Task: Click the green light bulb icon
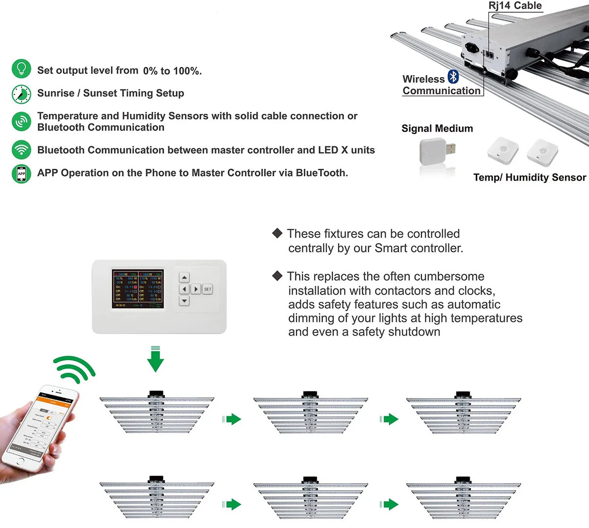click(21, 69)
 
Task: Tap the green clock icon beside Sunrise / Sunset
click(21, 94)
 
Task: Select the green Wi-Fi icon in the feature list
click(21, 149)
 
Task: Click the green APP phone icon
click(21, 174)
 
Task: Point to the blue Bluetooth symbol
click(453, 77)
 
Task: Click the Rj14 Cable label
click(515, 6)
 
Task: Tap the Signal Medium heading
click(437, 129)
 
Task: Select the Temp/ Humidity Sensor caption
click(529, 178)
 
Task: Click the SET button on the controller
click(208, 289)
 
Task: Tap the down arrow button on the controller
click(184, 300)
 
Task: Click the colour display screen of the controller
click(138, 289)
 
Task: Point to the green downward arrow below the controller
click(155, 360)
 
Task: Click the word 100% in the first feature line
click(187, 71)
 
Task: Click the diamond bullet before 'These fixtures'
click(277, 233)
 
